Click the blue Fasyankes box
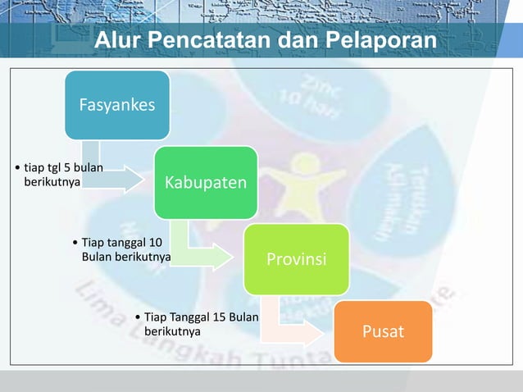117,105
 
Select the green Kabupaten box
205,181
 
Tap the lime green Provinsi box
296,259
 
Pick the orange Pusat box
384,331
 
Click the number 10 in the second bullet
156,243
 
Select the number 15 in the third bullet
217,317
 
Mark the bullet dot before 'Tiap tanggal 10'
75,244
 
